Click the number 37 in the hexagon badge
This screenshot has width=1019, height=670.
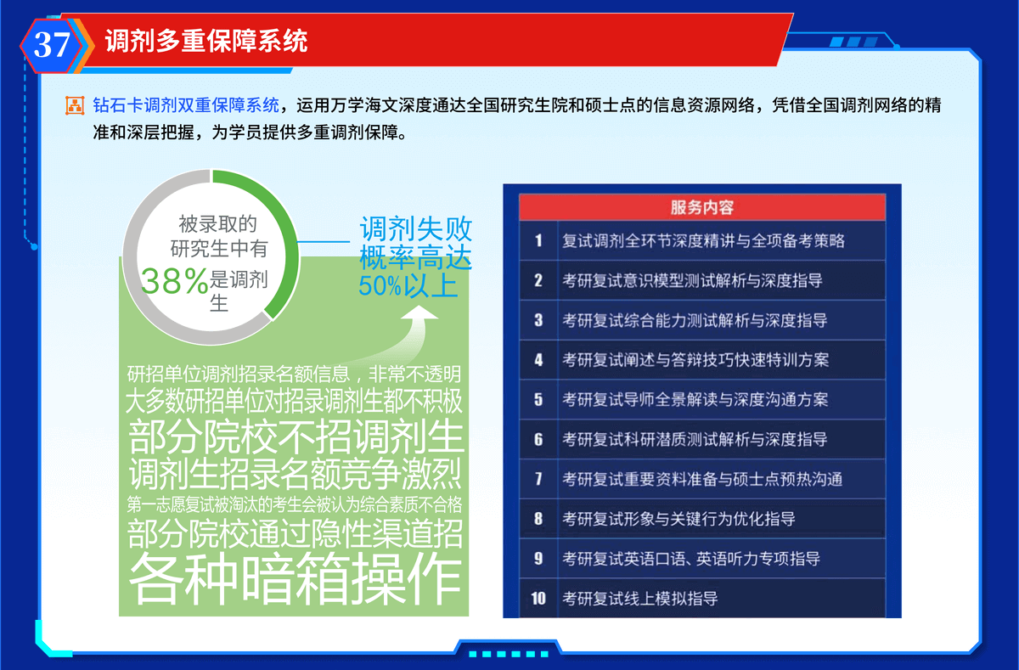52,44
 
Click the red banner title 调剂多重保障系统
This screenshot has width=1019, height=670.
206,41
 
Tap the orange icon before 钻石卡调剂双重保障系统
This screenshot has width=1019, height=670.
75,105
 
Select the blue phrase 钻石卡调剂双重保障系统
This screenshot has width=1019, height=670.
186,105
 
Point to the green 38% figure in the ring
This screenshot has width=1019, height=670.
174,280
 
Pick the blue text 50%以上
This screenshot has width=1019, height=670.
408,285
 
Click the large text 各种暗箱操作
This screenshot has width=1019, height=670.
295,578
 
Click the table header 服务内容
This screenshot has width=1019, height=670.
702,207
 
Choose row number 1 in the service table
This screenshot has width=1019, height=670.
538,240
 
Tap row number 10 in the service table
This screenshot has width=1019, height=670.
538,598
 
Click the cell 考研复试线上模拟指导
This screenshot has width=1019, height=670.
640,598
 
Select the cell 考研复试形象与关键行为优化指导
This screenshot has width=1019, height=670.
678,519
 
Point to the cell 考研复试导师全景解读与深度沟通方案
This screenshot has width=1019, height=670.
695,399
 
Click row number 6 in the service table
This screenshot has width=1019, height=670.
538,439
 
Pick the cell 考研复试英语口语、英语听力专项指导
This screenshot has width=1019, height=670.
691,558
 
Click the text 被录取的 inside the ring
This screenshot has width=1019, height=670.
218,224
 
